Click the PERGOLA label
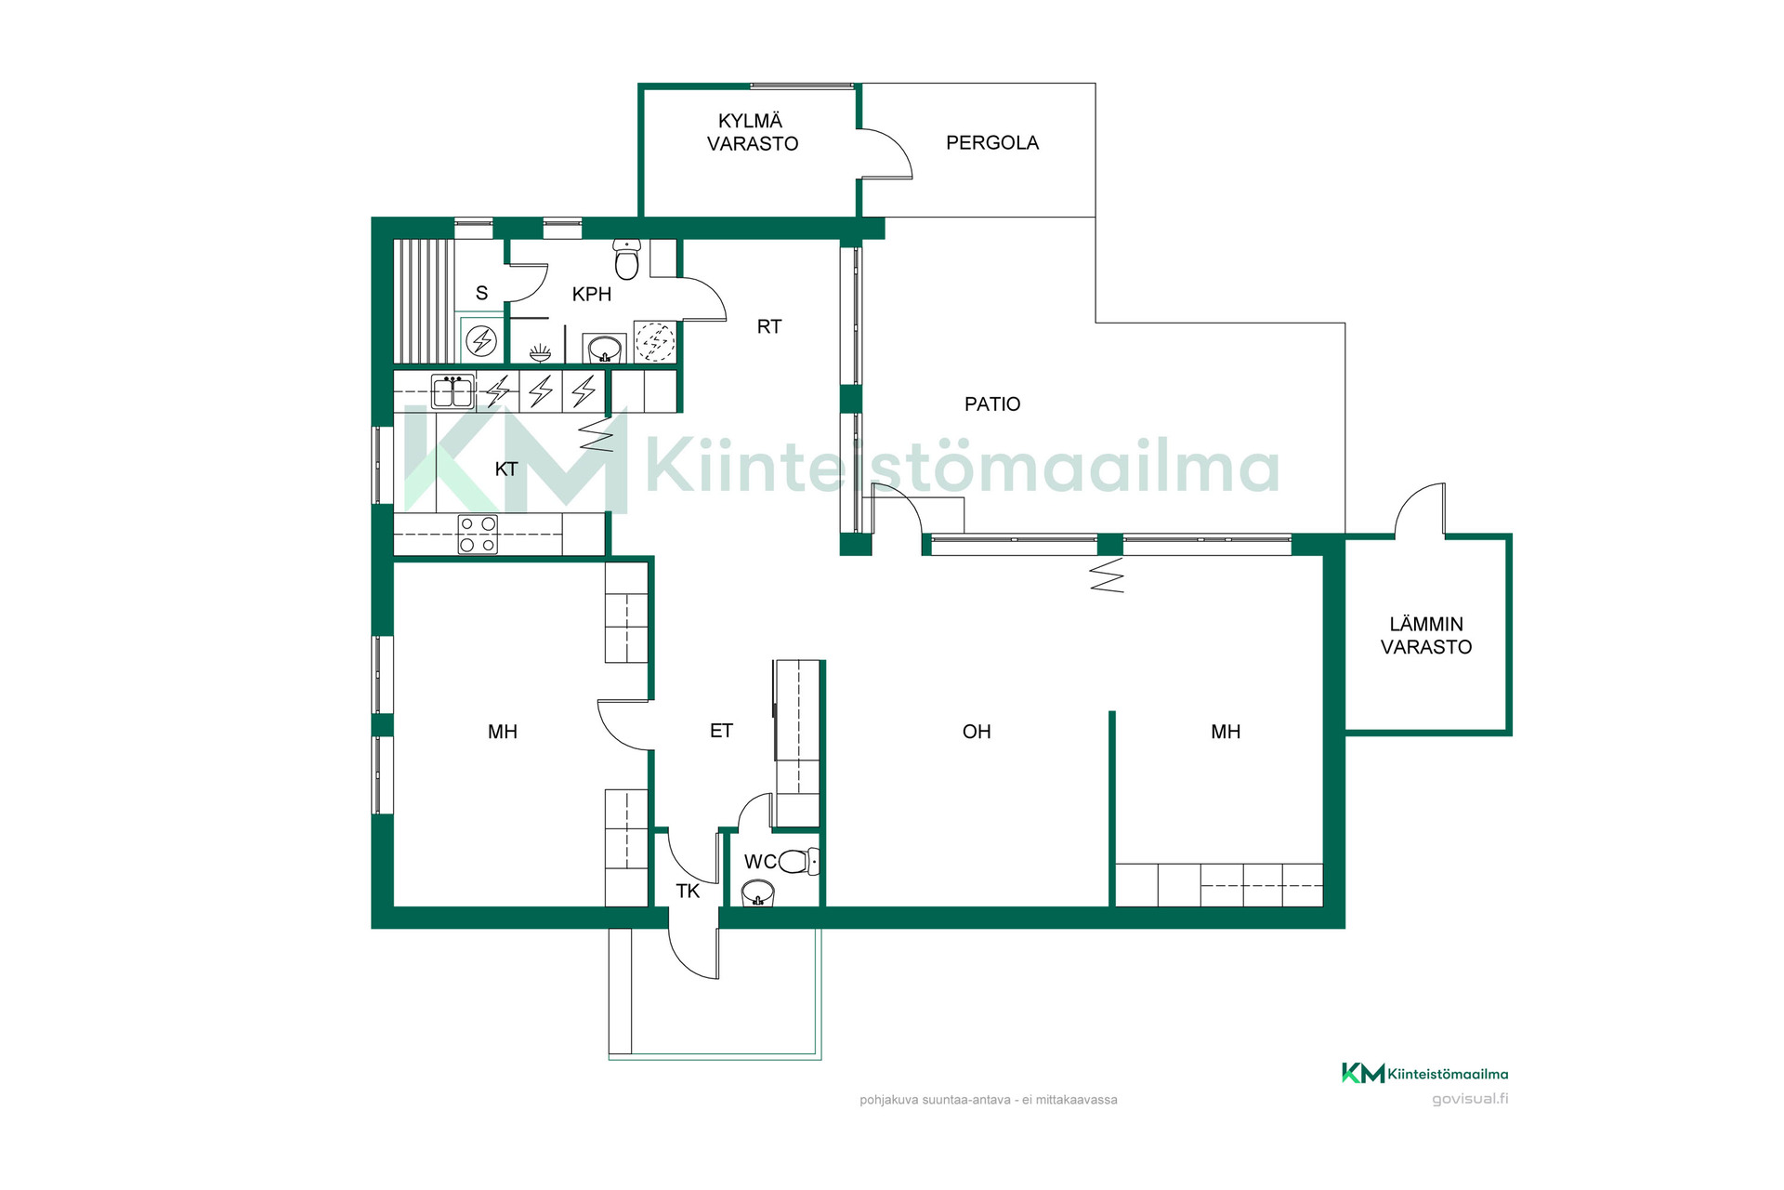(992, 143)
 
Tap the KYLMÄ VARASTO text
(753, 132)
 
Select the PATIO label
(992, 404)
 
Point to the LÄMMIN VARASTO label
(1426, 636)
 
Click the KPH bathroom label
(592, 295)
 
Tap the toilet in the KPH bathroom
(627, 258)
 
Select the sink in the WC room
(758, 893)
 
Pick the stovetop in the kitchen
(478, 535)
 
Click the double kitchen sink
(453, 391)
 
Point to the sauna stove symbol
(481, 341)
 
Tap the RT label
(769, 327)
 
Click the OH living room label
(977, 733)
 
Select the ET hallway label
(721, 732)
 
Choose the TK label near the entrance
(688, 892)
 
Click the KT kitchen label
(506, 469)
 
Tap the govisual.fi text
(1470, 1099)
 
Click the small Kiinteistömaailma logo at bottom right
(1424, 1074)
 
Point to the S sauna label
(481, 294)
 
